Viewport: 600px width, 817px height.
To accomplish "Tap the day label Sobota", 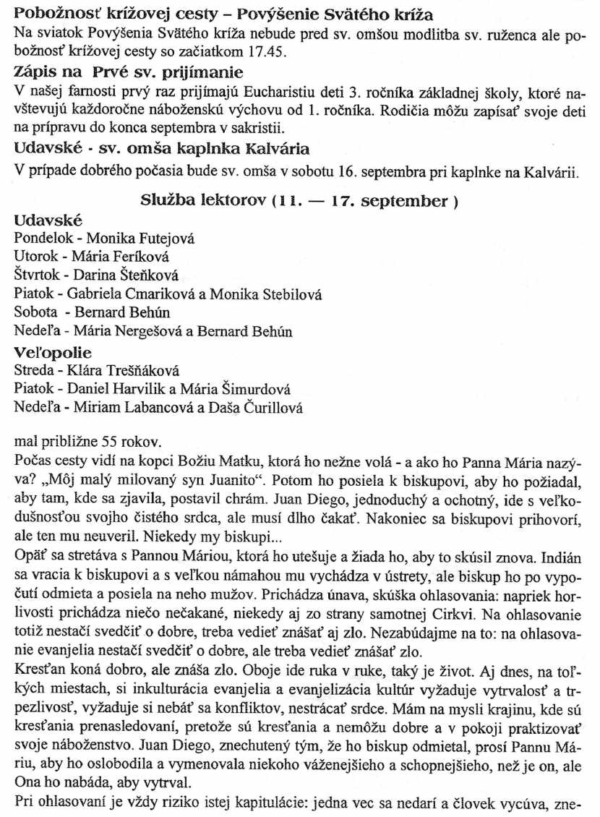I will pyautogui.click(x=34, y=313).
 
